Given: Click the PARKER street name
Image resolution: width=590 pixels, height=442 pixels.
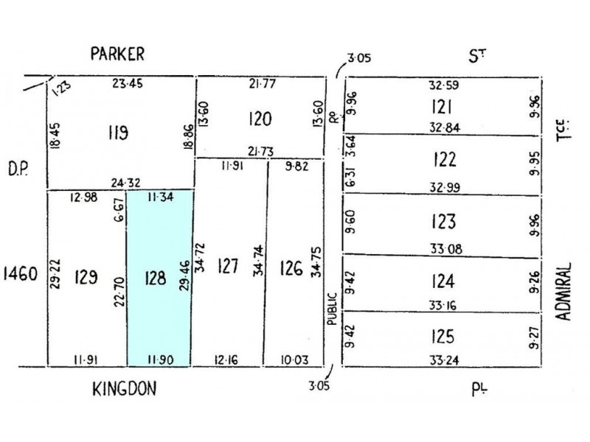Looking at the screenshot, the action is [117, 54].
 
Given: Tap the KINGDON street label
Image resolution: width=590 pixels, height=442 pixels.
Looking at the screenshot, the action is [124, 389].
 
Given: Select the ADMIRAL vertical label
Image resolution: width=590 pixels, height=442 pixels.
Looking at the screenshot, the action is [563, 291].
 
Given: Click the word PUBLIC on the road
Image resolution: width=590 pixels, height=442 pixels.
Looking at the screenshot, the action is [331, 309].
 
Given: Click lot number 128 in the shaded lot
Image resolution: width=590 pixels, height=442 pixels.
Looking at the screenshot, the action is [155, 278].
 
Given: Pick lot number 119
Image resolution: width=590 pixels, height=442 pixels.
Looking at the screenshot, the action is [118, 133].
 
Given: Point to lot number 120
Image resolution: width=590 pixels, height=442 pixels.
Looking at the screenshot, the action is [260, 119].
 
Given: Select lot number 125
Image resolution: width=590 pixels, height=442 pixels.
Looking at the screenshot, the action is [442, 336].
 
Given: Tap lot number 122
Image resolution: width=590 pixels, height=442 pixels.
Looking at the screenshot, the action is [445, 159].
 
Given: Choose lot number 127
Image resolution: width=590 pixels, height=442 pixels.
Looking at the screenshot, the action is [228, 266].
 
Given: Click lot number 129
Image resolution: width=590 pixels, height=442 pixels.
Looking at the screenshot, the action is [86, 278].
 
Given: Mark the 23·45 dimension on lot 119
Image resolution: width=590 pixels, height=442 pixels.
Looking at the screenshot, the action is [128, 83].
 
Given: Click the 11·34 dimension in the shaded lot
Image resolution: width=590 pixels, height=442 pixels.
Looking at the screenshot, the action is [160, 197].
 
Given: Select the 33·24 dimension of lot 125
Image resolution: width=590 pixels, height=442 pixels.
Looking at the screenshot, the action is [445, 360].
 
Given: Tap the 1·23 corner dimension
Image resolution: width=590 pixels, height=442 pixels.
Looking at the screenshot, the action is [60, 88].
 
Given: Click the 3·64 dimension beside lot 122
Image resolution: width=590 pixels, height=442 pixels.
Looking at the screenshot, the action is [350, 146].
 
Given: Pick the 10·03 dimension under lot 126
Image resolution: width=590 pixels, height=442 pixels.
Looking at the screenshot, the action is [294, 360].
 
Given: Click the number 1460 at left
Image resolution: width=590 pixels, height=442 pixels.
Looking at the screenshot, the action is [21, 273].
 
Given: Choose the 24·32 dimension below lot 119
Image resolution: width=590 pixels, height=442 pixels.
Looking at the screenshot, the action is [125, 183].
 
